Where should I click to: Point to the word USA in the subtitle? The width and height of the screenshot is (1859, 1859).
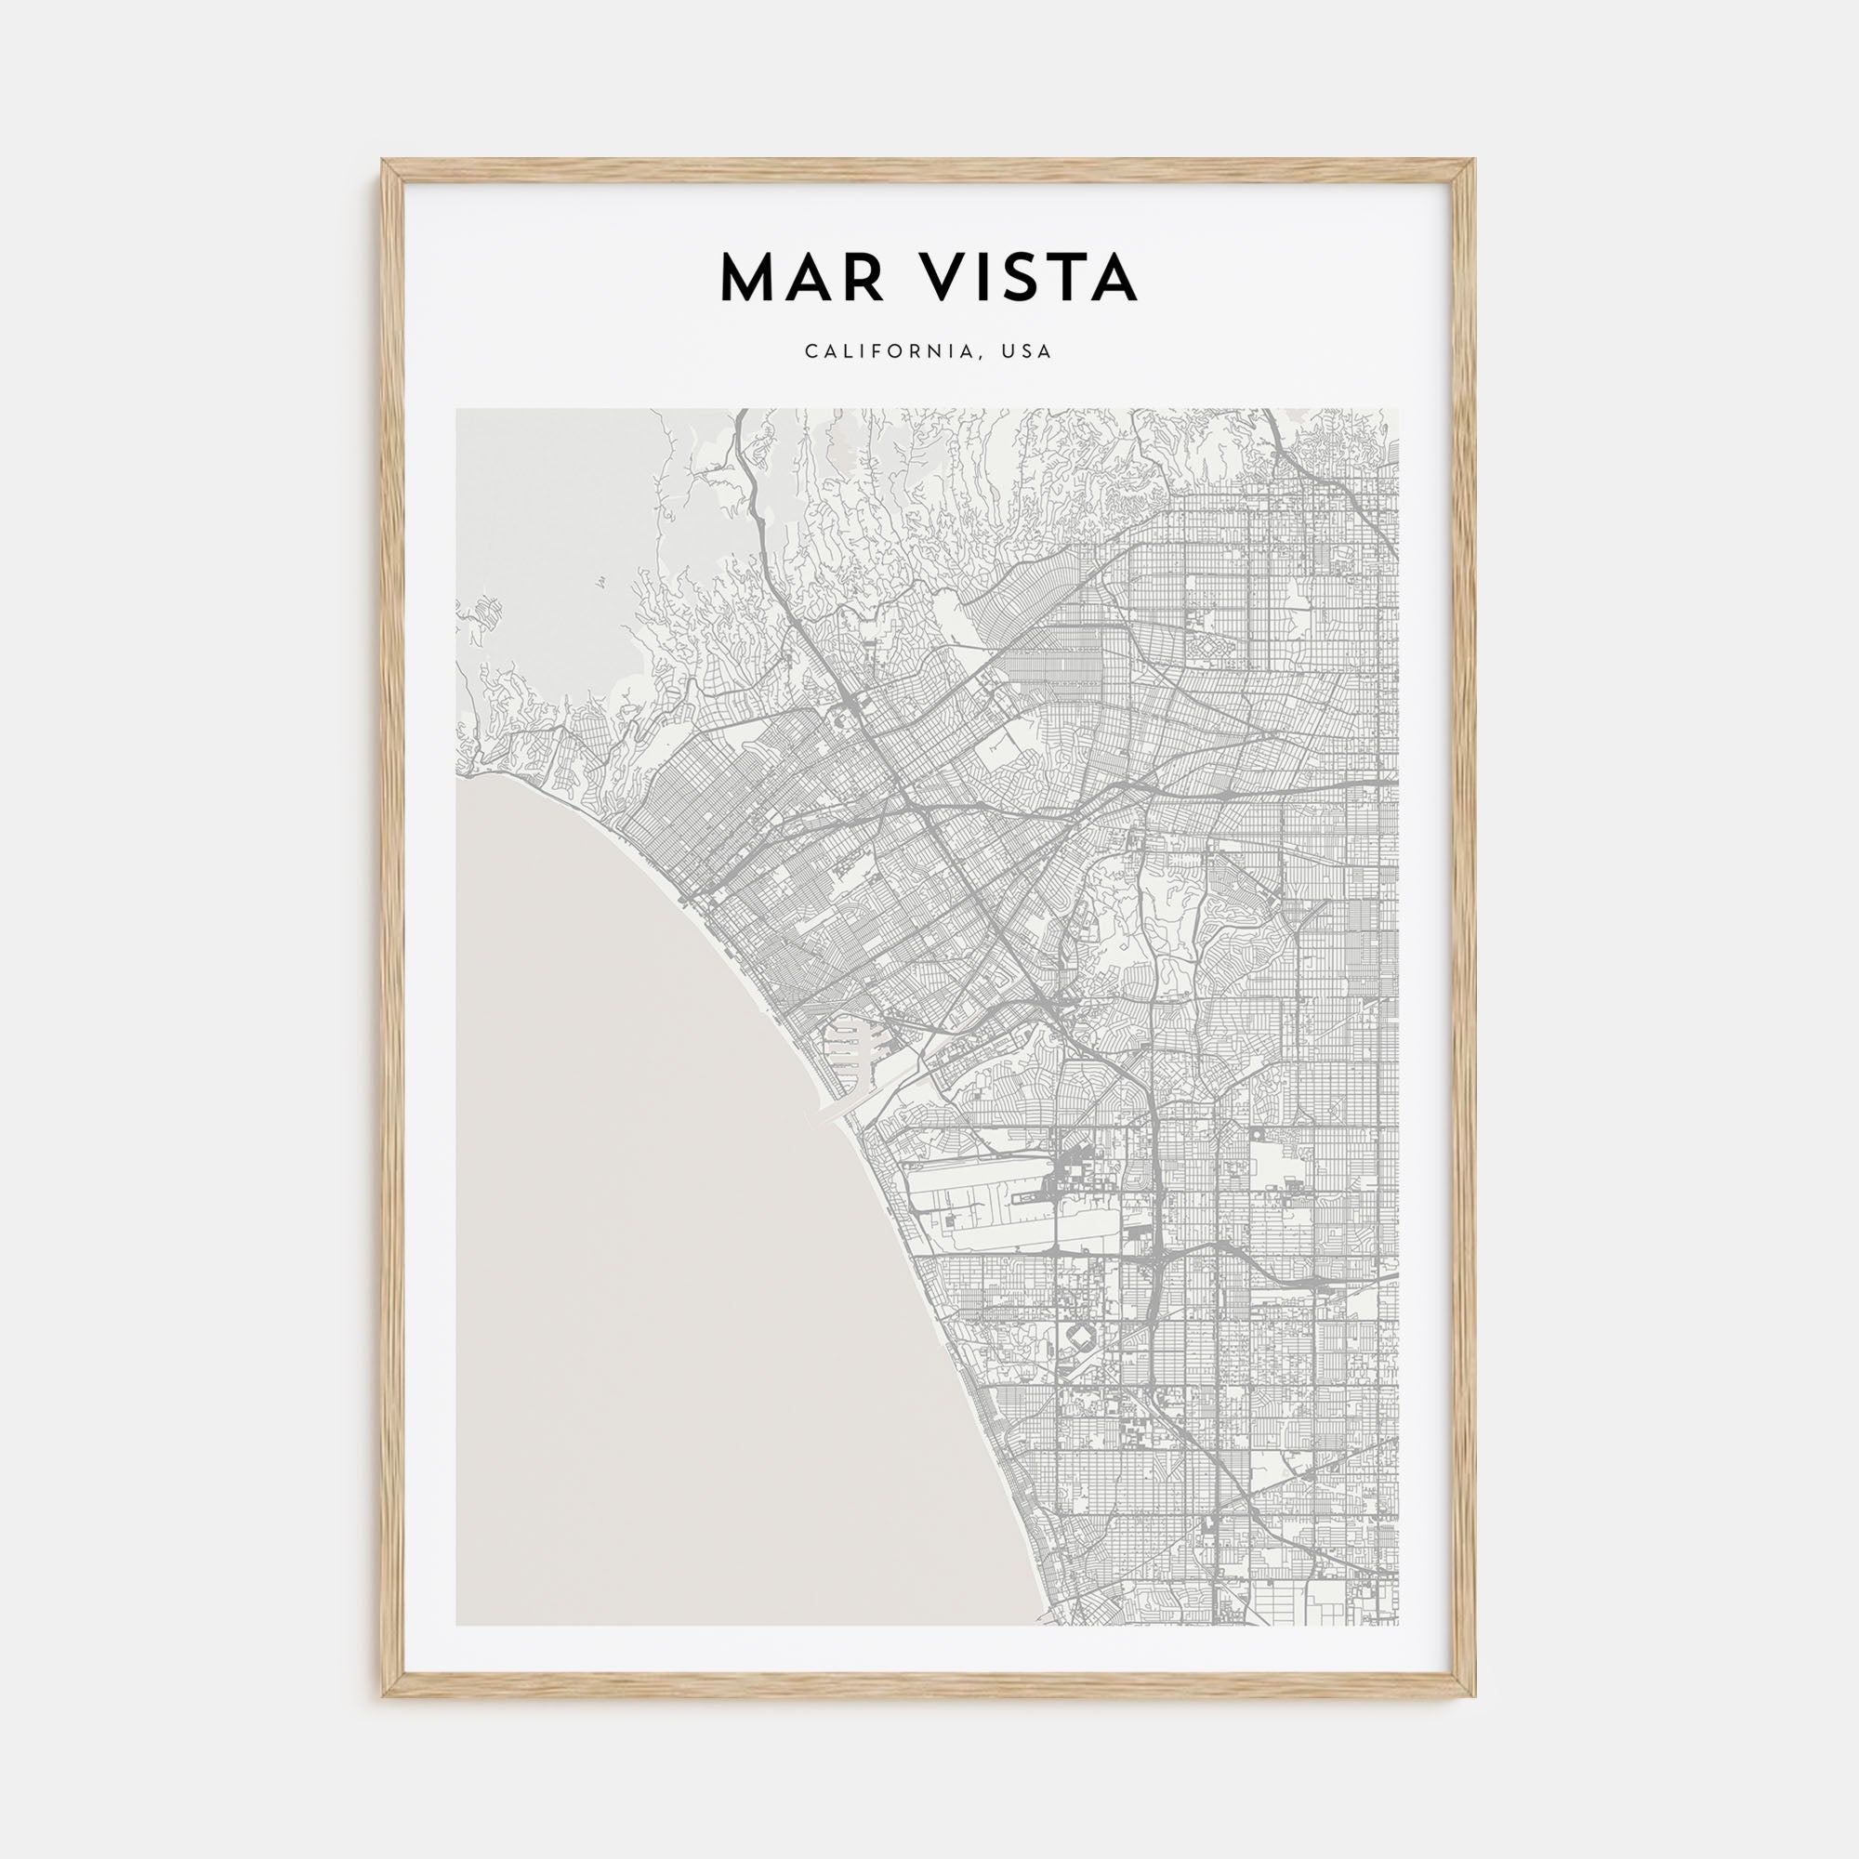pyautogui.click(x=1029, y=352)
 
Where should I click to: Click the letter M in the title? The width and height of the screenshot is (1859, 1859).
pyautogui.click(x=747, y=279)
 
